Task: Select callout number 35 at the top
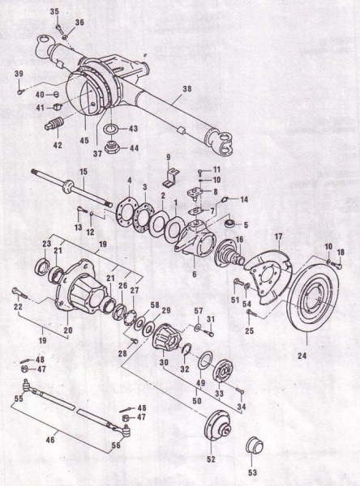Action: [x=54, y=12]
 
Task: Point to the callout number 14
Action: [x=243, y=198]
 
